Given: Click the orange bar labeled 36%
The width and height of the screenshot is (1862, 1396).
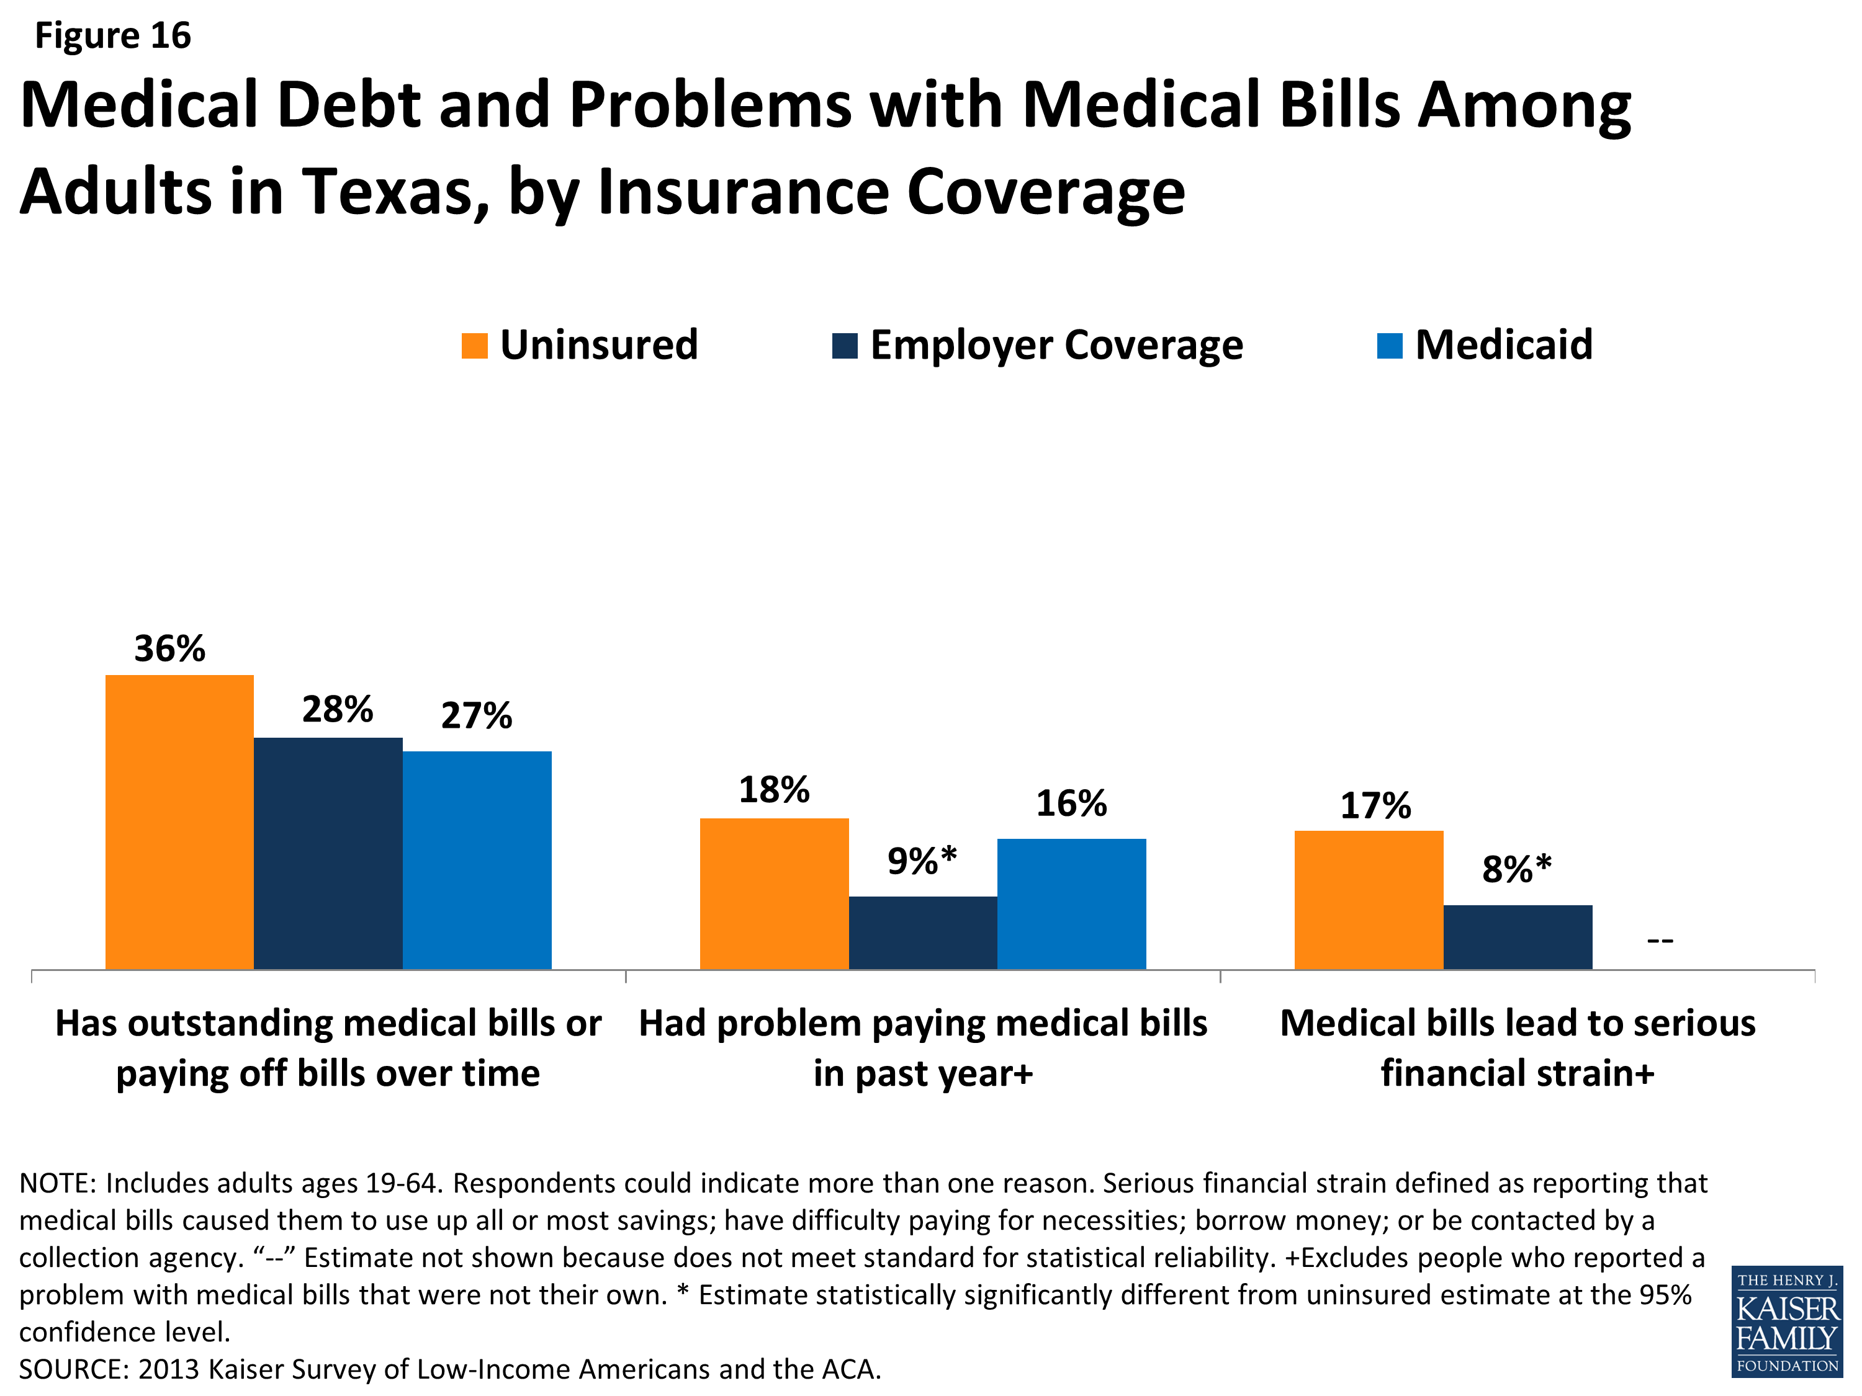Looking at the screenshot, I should pyautogui.click(x=179, y=821).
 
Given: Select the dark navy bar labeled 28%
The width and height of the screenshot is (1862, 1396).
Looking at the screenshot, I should pyautogui.click(x=328, y=852).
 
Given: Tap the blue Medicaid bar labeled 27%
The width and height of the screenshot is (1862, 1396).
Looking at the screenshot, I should pyautogui.click(x=477, y=859).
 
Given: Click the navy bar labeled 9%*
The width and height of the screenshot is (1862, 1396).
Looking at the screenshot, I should pyautogui.click(x=922, y=933).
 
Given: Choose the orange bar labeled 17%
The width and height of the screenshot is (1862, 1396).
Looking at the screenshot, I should pyautogui.click(x=1368, y=900).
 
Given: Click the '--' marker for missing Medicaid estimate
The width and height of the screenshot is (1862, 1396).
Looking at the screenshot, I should pyautogui.click(x=1659, y=941).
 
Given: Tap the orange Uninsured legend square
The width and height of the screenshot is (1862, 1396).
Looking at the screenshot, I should pyautogui.click(x=475, y=346).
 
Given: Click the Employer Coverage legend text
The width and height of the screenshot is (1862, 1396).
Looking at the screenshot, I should pyautogui.click(x=1056, y=345).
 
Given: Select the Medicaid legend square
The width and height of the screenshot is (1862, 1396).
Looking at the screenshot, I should pyautogui.click(x=1389, y=346).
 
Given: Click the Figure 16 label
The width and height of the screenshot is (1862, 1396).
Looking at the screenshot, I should pyautogui.click(x=113, y=35).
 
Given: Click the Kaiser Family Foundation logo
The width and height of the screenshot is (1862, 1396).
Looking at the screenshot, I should pyautogui.click(x=1786, y=1321).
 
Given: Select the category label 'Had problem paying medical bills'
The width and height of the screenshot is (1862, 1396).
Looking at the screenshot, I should pyautogui.click(x=922, y=1023).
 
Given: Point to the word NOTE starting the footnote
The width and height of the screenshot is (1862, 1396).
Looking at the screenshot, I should pyautogui.click(x=57, y=1183).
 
